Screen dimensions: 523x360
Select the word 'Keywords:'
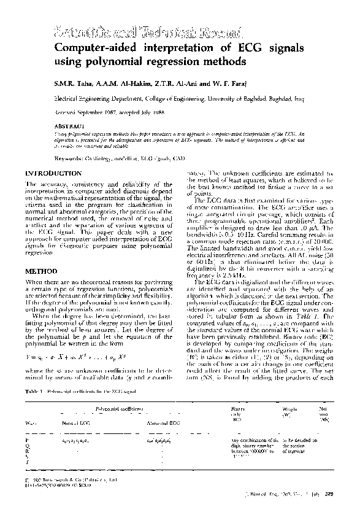pos(66,158)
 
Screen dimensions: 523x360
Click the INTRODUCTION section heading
pos(52,174)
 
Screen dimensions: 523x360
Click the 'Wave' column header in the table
pos(28,423)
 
